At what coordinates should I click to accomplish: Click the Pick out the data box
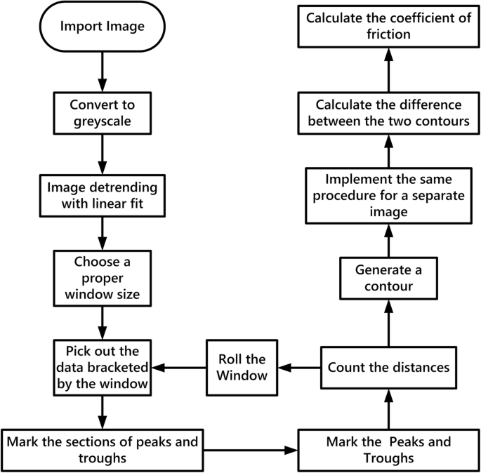(103, 368)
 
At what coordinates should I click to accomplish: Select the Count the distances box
(388, 367)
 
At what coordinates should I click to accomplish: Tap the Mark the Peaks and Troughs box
(388, 448)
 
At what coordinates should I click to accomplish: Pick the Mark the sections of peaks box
(103, 448)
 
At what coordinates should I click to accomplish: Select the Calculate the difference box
(388, 114)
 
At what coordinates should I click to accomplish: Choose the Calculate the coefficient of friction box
(388, 27)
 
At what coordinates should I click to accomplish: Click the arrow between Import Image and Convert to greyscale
(103, 74)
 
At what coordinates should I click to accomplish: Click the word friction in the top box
(388, 34)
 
